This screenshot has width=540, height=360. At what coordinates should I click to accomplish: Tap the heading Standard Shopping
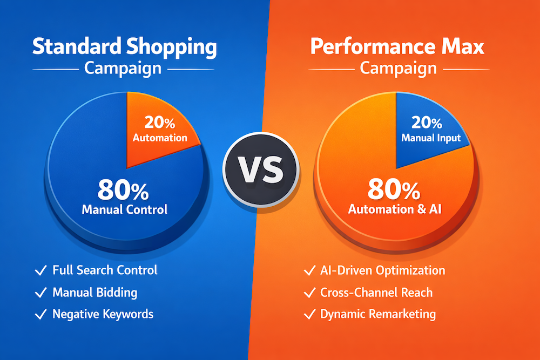click(x=124, y=47)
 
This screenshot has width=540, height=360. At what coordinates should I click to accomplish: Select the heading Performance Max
click(x=397, y=47)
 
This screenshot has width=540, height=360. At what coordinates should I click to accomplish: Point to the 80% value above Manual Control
click(x=124, y=190)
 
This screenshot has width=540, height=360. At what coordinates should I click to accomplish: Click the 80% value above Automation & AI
click(x=394, y=190)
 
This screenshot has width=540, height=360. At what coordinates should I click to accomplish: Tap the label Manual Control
click(x=125, y=209)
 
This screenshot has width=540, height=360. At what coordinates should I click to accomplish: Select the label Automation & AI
click(x=395, y=209)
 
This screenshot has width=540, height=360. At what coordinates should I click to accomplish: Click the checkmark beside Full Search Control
click(x=40, y=270)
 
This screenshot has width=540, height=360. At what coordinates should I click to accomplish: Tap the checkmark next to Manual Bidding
click(x=40, y=293)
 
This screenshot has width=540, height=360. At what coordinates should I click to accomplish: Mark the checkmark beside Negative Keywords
click(x=40, y=314)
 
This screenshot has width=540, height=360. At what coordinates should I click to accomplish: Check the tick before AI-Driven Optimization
click(x=309, y=271)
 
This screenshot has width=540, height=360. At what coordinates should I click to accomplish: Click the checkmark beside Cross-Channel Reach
click(x=309, y=293)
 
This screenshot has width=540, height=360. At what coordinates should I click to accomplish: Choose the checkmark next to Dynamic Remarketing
click(x=309, y=314)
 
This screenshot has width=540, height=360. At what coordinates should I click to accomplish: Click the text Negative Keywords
click(x=103, y=314)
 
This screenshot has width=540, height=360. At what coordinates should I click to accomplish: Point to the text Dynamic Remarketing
click(x=378, y=314)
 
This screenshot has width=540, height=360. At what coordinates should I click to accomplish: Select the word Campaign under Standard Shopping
click(x=123, y=69)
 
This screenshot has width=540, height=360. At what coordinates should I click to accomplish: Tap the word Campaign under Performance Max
click(x=398, y=69)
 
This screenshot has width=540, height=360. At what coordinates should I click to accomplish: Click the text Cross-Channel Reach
click(x=376, y=293)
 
